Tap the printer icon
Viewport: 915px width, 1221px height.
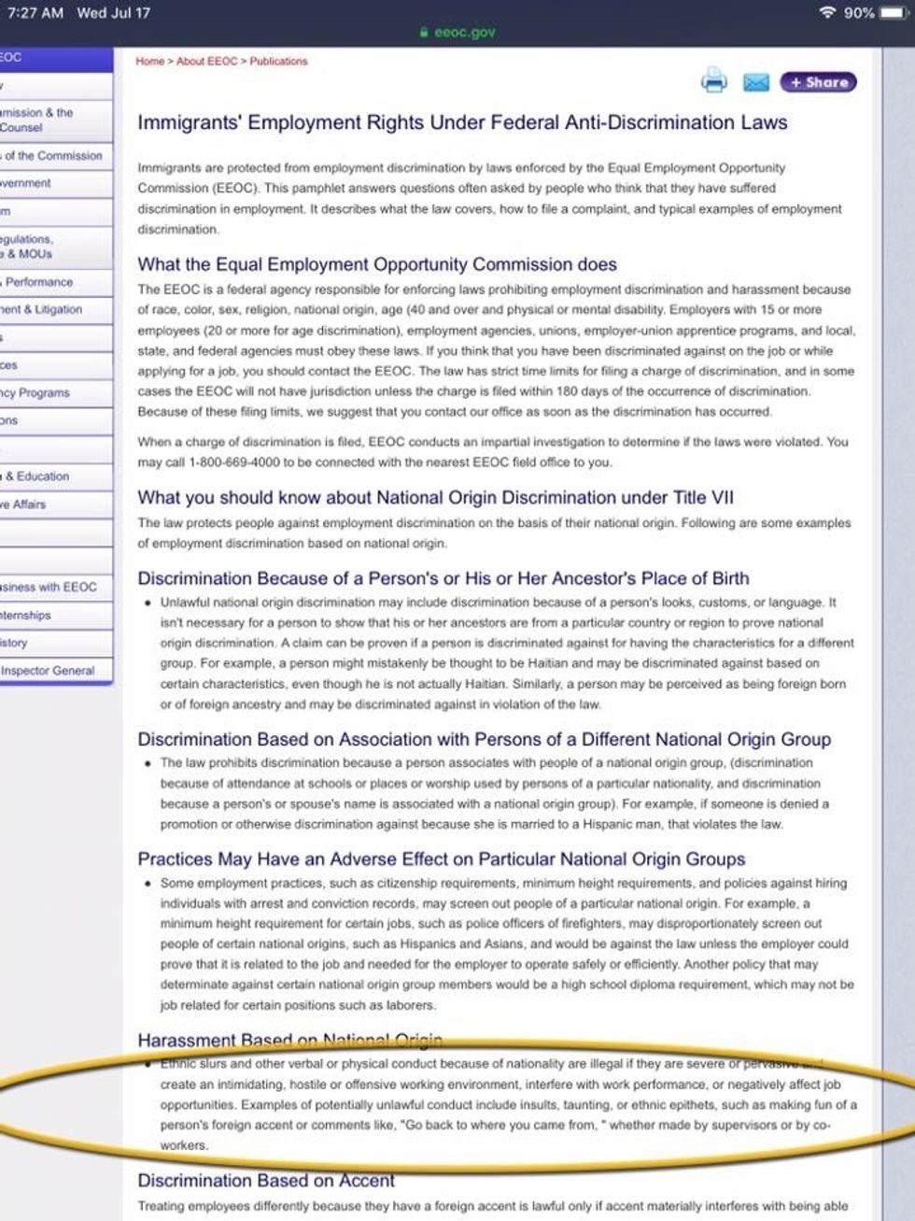tap(713, 82)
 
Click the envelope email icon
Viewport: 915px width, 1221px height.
tap(755, 83)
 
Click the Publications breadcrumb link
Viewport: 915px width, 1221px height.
tap(278, 62)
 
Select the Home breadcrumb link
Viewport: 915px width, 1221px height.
tap(149, 62)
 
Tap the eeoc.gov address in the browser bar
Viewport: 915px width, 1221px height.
tap(464, 33)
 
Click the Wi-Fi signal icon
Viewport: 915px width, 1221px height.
tap(825, 13)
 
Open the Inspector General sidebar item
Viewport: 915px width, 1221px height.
tap(49, 671)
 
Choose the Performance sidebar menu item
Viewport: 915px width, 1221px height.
tap(39, 282)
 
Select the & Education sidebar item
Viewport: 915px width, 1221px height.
tap(37, 476)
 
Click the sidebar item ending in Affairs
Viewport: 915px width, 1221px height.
tap(24, 504)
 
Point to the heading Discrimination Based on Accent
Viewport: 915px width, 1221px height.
tap(266, 1181)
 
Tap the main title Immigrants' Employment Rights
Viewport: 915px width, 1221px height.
tap(462, 122)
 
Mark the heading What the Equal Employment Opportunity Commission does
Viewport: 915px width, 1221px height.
tap(377, 264)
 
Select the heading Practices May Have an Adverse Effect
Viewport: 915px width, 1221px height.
tap(442, 859)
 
